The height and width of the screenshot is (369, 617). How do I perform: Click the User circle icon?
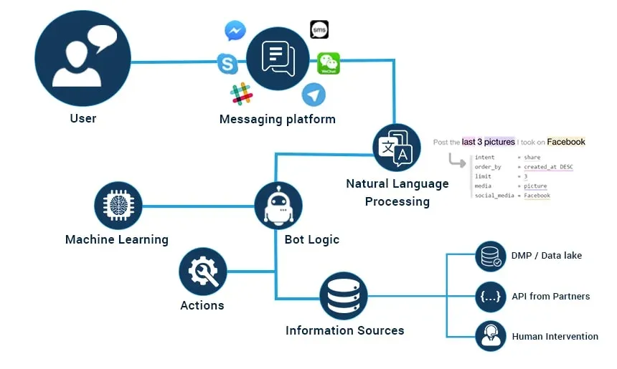click(83, 58)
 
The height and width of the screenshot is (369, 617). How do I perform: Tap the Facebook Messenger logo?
click(235, 31)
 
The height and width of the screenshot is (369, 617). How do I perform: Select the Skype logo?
click(228, 64)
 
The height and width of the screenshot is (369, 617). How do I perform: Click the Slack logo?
click(242, 93)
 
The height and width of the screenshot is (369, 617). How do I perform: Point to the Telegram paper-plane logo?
click(314, 95)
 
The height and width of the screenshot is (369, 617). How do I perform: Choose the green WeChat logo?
click(329, 64)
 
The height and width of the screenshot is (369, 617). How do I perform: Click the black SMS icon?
click(319, 29)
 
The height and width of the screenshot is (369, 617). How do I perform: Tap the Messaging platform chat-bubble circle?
click(278, 59)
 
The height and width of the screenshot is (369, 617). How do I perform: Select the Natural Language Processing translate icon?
click(397, 148)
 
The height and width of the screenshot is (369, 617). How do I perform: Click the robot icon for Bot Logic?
click(278, 204)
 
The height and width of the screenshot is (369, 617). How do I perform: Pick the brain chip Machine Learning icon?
click(118, 206)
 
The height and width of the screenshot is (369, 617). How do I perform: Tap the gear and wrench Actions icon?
click(203, 272)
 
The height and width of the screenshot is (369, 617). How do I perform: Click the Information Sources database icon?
click(344, 296)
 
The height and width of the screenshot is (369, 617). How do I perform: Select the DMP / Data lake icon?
click(491, 256)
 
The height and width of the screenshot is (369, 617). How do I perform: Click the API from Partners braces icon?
click(491, 296)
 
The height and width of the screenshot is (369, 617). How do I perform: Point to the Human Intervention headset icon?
click(491, 335)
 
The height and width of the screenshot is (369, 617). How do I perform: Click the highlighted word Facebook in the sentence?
click(566, 142)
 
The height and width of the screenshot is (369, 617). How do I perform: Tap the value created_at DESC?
click(548, 167)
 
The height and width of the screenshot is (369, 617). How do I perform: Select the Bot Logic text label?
click(313, 239)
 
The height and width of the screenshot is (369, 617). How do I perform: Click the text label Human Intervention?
click(555, 336)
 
